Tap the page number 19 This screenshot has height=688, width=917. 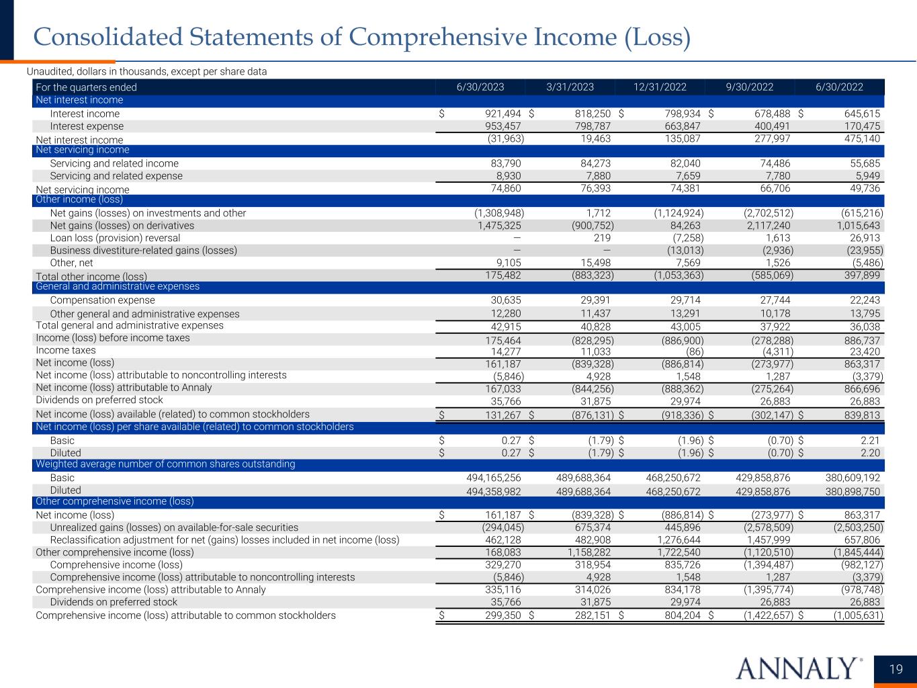896,669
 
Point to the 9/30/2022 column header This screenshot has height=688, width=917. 749,87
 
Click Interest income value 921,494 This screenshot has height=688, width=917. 499,114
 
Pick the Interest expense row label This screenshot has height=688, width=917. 87,126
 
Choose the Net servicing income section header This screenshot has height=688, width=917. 82,150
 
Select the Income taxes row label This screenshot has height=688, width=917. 66,350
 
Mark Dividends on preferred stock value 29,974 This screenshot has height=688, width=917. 684,400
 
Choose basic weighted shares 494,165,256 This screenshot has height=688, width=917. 493,478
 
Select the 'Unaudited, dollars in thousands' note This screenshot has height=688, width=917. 146,71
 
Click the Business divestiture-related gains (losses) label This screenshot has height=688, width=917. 143,251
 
